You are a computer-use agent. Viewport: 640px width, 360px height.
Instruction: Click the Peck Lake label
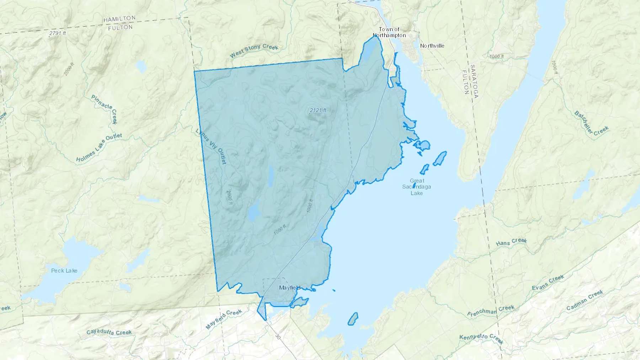click(x=64, y=271)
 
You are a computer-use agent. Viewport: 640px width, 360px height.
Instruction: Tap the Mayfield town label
click(x=289, y=288)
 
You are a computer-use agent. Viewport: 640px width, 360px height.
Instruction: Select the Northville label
click(x=432, y=46)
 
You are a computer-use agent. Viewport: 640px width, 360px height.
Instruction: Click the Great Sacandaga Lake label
click(x=417, y=187)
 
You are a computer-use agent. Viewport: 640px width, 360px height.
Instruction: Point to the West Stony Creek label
click(x=254, y=50)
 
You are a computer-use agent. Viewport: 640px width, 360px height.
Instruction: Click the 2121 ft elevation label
click(x=318, y=111)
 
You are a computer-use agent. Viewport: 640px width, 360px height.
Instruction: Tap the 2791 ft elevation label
click(x=58, y=33)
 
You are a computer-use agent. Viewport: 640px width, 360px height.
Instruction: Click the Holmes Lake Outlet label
click(x=99, y=147)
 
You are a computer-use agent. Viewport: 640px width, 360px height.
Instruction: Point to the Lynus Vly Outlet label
click(x=211, y=146)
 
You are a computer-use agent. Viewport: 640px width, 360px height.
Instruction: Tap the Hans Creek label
click(x=511, y=242)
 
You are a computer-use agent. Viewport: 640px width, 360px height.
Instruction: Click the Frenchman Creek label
click(x=491, y=311)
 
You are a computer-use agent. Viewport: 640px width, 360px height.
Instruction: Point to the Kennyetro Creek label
click(x=481, y=339)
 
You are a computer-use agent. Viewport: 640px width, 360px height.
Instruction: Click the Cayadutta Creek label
click(x=109, y=332)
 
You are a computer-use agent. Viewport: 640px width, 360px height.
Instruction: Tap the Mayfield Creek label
click(x=224, y=319)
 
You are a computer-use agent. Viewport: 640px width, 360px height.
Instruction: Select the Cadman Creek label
click(x=585, y=300)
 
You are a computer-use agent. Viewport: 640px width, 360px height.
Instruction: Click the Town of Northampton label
click(x=389, y=32)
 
